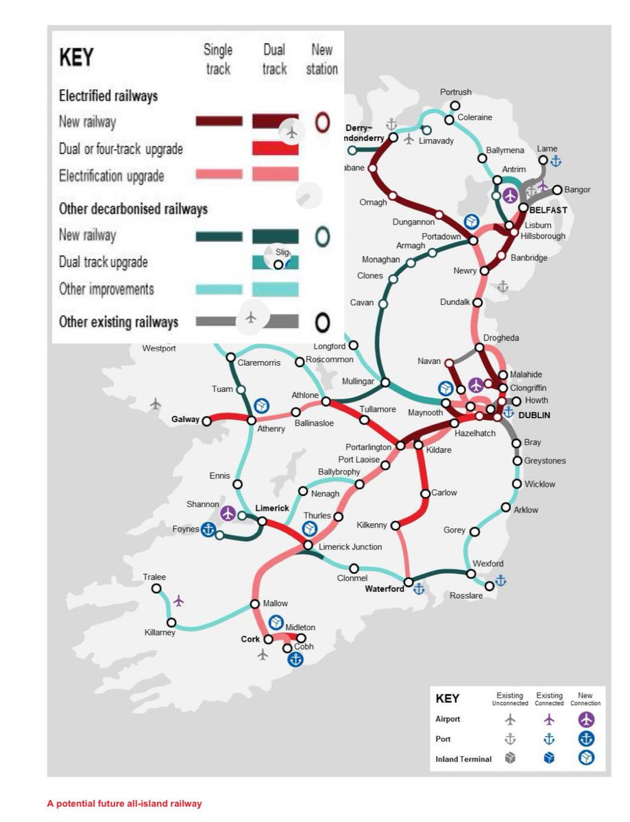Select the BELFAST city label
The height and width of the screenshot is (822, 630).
[x=548, y=210]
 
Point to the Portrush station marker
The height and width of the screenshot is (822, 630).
[x=455, y=105]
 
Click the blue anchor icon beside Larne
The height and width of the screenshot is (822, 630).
[x=556, y=161]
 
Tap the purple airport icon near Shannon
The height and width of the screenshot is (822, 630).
[x=228, y=513]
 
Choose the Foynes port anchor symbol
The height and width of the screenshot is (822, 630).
[x=208, y=530]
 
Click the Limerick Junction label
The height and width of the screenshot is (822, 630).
[x=350, y=547]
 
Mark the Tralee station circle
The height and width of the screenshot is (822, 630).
[x=157, y=588]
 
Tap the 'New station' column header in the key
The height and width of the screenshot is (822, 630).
[x=322, y=60]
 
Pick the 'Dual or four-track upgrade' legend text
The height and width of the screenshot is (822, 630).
[x=121, y=149]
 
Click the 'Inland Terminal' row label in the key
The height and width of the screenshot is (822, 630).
[x=463, y=759]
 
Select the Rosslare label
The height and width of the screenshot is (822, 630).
[x=466, y=596]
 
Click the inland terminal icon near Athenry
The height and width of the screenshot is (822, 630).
[x=261, y=406]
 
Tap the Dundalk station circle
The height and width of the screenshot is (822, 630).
[x=478, y=301]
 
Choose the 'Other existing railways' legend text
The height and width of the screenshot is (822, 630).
[x=119, y=322]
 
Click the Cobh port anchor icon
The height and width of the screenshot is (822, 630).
[x=295, y=660]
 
